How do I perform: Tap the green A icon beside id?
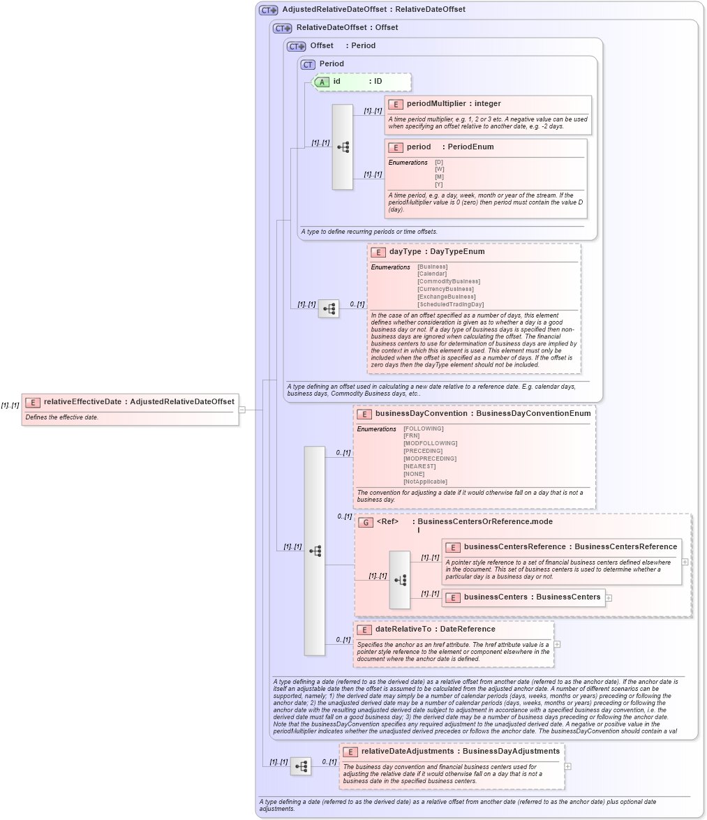pos(322,82)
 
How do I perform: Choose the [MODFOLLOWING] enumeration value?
pos(430,443)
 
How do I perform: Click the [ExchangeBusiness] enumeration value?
pos(447,297)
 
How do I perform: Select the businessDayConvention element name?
pos(421,414)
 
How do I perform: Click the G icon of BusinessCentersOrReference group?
pos(366,522)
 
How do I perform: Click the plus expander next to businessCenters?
pos(609,598)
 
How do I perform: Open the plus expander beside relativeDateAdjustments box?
pos(568,766)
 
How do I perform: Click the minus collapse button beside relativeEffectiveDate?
pos(242,410)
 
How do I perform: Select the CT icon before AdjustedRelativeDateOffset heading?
pos(268,10)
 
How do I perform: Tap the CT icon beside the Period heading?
pos(308,64)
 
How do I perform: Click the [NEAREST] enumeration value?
pos(419,466)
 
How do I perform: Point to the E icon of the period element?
pos(396,147)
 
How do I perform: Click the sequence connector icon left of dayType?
pos(329,308)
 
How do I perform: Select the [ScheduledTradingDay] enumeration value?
pos(450,304)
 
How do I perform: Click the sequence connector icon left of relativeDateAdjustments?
pos(301,766)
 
